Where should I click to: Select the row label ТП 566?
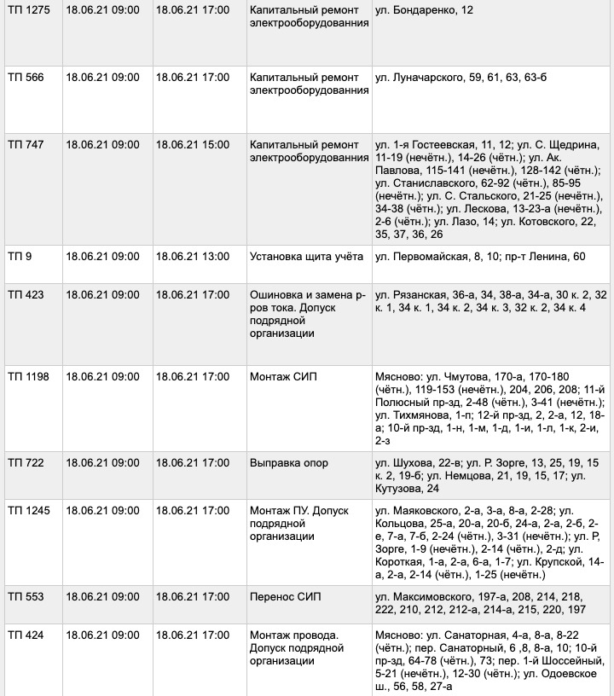pos(25,78)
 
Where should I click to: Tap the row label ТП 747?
pos(25,145)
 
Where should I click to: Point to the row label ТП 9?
pos(19,257)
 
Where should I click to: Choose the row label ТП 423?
pos(25,295)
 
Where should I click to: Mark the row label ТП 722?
pos(25,463)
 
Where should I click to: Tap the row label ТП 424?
pos(25,635)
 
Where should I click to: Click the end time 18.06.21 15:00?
pos(192,145)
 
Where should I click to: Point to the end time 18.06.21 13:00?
pos(192,257)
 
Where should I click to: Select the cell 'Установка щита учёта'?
pos(306,257)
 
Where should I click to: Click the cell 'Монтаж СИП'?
pos(284,376)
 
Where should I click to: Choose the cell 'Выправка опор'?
pos(289,463)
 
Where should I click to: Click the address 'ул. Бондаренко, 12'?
pos(424,10)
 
